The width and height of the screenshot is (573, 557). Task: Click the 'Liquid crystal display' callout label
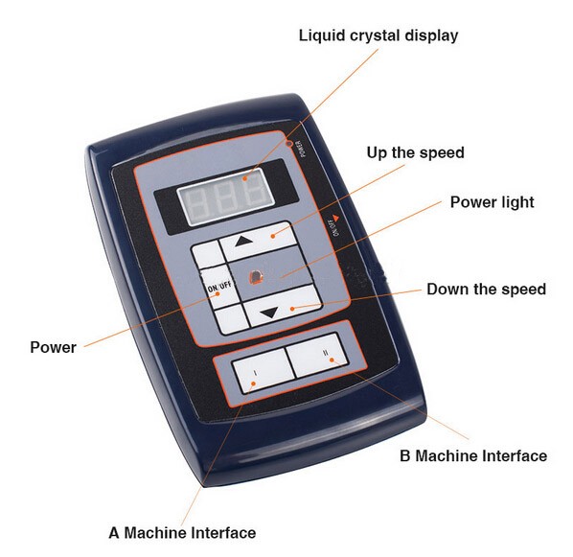click(x=378, y=35)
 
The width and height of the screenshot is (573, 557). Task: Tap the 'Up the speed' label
click(x=416, y=152)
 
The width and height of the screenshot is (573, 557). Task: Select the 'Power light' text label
click(x=492, y=202)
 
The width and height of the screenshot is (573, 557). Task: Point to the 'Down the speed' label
click(x=487, y=289)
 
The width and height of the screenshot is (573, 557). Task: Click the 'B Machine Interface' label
click(x=473, y=456)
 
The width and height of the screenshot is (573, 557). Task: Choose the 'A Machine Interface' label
click(x=182, y=532)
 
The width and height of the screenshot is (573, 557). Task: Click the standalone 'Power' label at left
click(x=53, y=347)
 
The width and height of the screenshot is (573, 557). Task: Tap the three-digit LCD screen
click(x=225, y=197)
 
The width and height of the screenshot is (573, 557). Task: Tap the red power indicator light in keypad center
click(x=256, y=277)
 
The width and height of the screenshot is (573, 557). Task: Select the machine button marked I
click(x=264, y=370)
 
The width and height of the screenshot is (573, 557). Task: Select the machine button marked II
click(x=316, y=355)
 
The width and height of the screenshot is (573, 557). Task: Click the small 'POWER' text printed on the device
click(x=301, y=149)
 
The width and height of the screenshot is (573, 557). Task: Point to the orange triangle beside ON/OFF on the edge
click(x=336, y=218)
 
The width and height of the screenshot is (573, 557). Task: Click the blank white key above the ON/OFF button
click(x=208, y=254)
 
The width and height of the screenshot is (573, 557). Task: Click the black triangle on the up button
click(x=244, y=241)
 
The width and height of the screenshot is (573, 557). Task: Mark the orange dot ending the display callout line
click(x=245, y=178)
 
